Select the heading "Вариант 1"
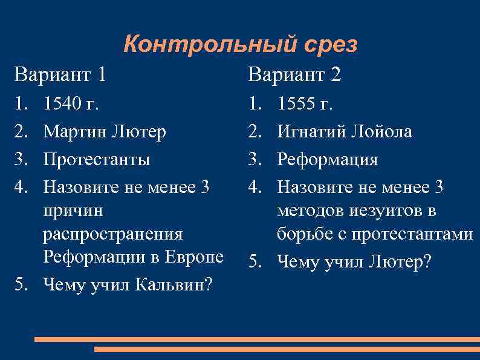(x=60, y=75)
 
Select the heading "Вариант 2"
(x=294, y=75)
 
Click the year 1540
(x=63, y=104)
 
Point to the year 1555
(x=297, y=104)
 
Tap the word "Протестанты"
(x=97, y=160)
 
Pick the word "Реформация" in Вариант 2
(x=327, y=160)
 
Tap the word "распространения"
(x=112, y=234)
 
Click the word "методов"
(x=316, y=211)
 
